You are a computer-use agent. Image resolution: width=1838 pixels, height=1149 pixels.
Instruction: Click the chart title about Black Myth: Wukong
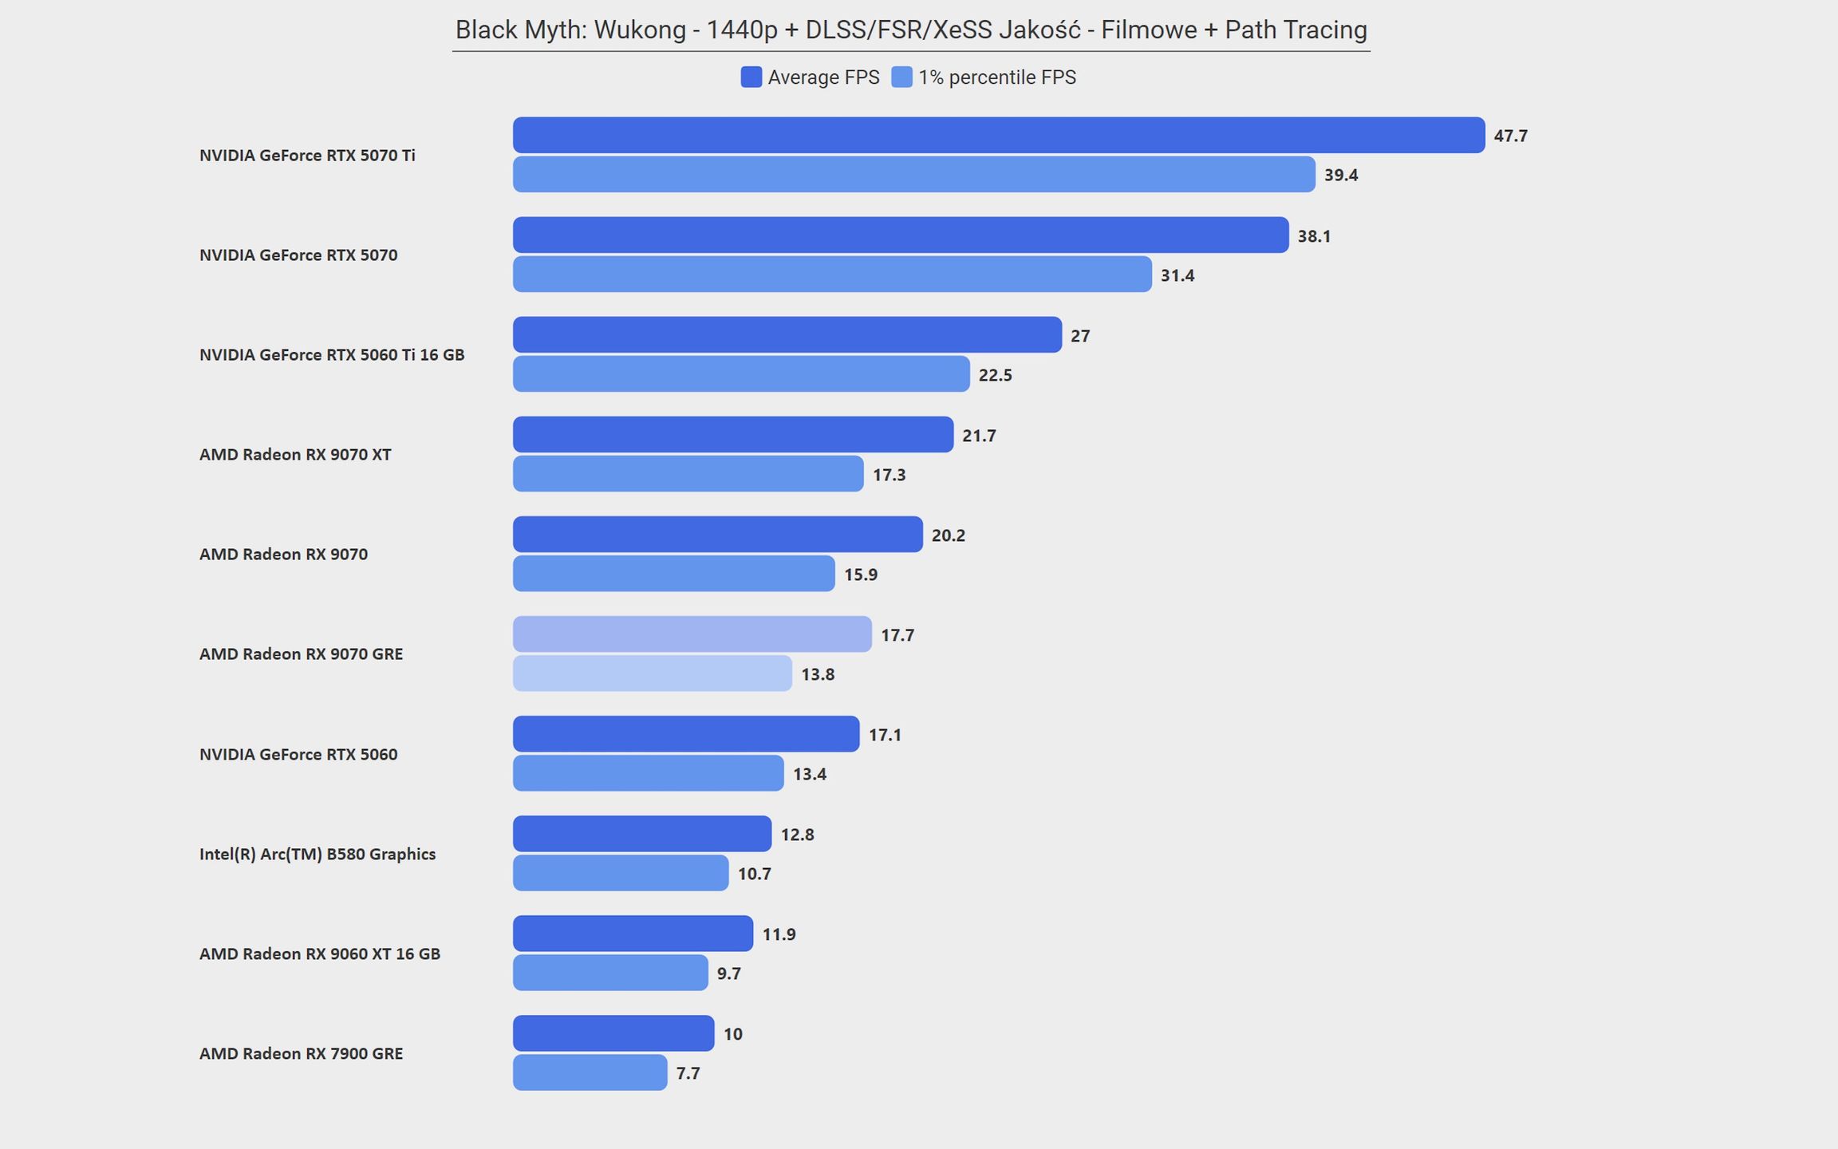pos(911,30)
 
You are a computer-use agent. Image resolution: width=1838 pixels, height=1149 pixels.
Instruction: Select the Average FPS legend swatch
pos(751,77)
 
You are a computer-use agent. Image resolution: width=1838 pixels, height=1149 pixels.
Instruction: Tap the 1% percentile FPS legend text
pos(997,77)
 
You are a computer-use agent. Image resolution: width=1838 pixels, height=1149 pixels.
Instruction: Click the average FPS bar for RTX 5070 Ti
pos(999,135)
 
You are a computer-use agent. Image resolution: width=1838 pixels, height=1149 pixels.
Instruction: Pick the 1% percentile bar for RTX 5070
pos(832,274)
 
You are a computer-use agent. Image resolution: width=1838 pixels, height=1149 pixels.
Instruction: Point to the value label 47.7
pos(1511,136)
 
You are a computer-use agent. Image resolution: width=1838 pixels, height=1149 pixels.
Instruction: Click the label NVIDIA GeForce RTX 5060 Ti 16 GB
pos(332,355)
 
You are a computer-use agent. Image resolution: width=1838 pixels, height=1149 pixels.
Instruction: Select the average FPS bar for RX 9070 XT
pos(733,435)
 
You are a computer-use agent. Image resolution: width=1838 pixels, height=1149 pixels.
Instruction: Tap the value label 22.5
pos(996,375)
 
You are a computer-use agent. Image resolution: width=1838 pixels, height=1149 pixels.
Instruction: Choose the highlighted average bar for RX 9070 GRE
pos(692,634)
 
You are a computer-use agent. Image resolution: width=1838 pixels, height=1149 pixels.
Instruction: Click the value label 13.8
pos(818,674)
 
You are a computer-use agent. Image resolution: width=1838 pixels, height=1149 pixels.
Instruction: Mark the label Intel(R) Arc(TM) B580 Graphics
pos(318,855)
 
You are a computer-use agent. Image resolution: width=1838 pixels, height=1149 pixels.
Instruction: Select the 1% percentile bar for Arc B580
pos(621,873)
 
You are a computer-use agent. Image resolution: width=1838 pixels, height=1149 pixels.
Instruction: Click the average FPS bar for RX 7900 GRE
pos(613,1033)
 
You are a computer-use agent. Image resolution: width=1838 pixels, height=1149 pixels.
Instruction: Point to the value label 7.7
pos(688,1073)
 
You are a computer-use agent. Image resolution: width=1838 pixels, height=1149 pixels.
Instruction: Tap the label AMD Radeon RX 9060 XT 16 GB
pos(320,954)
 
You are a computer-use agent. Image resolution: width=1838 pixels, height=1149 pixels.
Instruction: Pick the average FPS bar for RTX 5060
pos(686,734)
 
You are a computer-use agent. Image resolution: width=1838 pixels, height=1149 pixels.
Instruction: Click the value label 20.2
pos(949,535)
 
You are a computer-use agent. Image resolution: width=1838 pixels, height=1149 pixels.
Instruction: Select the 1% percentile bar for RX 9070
pos(674,574)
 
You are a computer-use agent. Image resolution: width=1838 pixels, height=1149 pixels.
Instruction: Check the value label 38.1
pos(1314,236)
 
